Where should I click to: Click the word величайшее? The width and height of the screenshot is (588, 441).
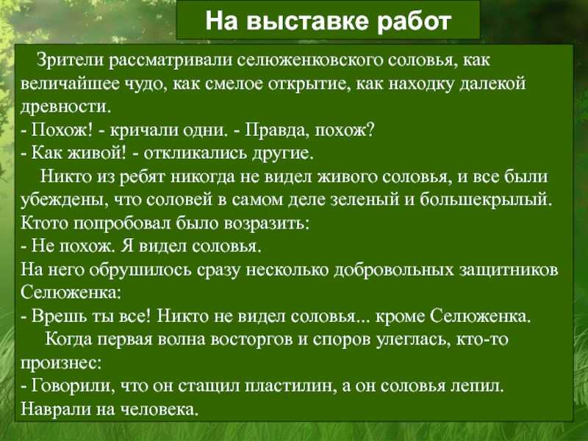(x=70, y=84)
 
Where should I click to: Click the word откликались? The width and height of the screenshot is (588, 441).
(x=196, y=154)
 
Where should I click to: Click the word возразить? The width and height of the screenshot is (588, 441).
(x=266, y=223)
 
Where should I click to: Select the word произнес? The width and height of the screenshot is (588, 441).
(x=61, y=363)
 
